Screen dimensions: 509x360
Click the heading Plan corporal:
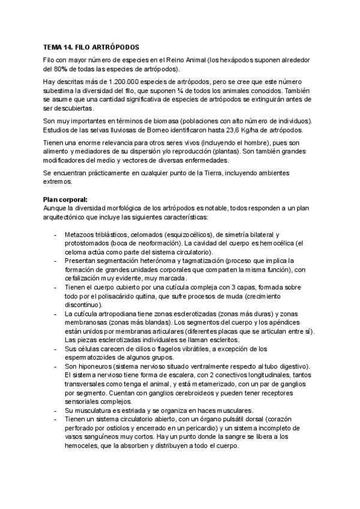(65, 199)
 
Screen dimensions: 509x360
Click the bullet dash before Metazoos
(56, 234)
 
